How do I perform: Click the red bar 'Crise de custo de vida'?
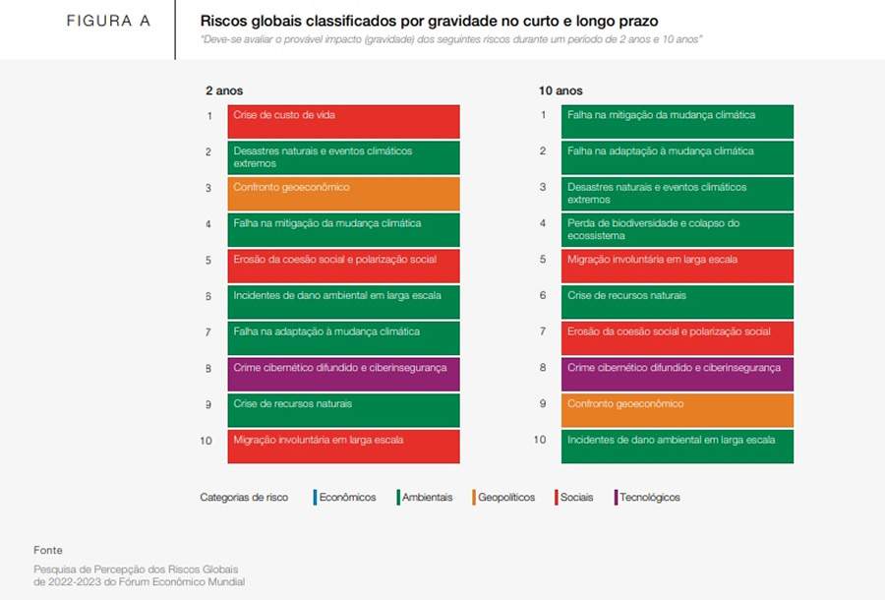[x=343, y=122]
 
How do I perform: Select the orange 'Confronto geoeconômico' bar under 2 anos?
[x=343, y=194]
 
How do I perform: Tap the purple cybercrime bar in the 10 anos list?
[x=678, y=374]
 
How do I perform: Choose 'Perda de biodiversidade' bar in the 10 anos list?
[x=678, y=230]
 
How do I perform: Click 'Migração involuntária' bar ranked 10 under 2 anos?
[x=343, y=446]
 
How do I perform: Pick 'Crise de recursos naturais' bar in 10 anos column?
[x=678, y=302]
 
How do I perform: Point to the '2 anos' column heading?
[x=224, y=90]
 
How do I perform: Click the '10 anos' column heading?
[x=560, y=90]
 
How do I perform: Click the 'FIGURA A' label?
[x=108, y=21]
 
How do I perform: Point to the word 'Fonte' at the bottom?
[x=48, y=550]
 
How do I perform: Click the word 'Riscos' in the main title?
[x=222, y=21]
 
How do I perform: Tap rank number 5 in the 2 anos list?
[x=208, y=261]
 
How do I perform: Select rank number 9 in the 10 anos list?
[x=543, y=403]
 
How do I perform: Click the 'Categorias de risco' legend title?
[x=244, y=498]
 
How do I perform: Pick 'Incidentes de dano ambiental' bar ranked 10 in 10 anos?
[x=678, y=446]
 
